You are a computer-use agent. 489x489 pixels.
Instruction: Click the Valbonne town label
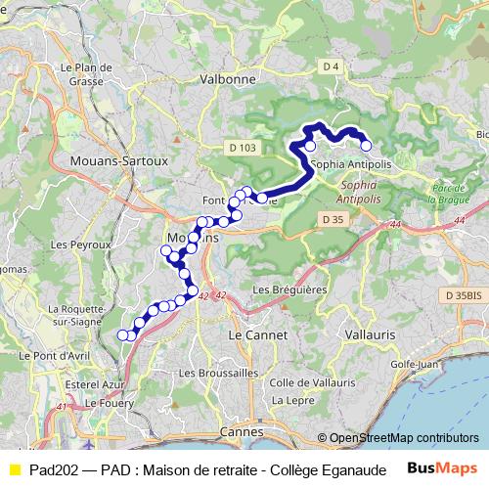227,78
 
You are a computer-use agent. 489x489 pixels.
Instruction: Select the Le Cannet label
257,334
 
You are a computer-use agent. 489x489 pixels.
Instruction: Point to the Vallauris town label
369,334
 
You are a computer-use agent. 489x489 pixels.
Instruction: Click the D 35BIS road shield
462,294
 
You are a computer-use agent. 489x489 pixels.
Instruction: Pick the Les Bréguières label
289,290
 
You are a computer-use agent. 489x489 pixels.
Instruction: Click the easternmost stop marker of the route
367,147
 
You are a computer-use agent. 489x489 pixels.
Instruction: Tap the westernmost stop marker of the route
123,335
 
